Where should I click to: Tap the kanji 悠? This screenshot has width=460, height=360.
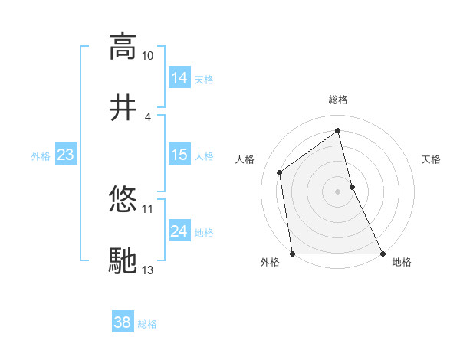123,198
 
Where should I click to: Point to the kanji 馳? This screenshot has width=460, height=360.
123,260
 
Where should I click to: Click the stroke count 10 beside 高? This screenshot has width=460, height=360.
147,56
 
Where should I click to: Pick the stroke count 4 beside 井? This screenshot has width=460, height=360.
147,116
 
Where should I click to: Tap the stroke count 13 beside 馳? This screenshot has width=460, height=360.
147,270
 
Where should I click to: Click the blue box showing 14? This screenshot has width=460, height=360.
179,77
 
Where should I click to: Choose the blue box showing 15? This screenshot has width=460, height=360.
179,155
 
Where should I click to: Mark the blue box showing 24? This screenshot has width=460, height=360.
179,231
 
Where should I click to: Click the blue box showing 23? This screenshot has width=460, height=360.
65,155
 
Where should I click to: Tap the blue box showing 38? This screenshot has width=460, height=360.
122,322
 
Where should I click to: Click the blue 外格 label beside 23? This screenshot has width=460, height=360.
41,155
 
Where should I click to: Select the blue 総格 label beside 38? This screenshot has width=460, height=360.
147,324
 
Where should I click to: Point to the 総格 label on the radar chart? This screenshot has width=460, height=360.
338,100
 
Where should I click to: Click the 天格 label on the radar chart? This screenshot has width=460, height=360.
432,159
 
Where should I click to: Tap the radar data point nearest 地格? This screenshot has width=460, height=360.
382,253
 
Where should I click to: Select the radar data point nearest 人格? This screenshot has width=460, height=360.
280,172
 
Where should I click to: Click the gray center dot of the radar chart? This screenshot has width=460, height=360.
337,191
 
